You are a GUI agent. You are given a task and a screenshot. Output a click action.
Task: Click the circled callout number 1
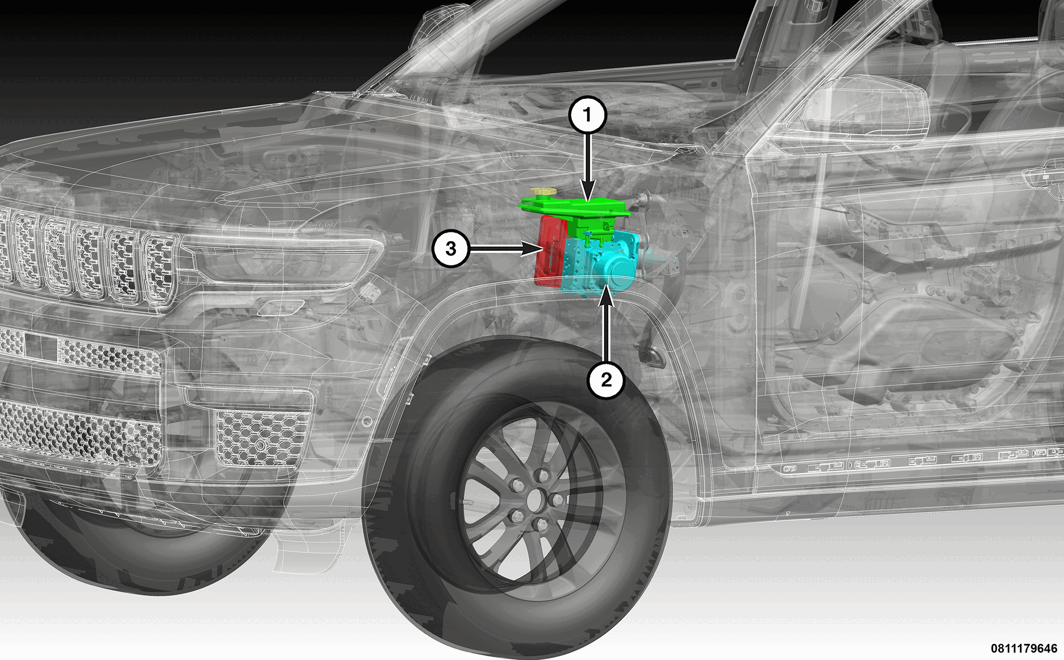point(588,115)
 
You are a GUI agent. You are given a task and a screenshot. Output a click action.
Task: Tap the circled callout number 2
point(607,380)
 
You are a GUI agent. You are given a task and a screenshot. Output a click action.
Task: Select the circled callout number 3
point(451,248)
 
